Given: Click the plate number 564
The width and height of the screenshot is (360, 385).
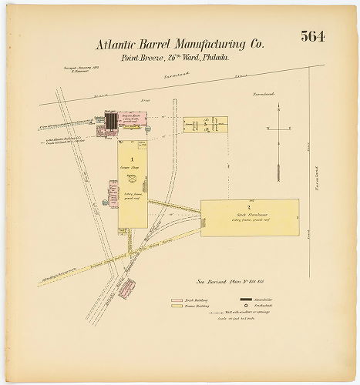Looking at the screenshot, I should coord(311,38).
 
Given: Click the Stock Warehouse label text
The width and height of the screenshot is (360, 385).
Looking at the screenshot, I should coord(250,214).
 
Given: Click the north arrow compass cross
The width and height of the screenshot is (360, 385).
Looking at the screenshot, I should coord(276,128).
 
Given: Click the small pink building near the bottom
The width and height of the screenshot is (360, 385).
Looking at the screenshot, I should coord(128,286).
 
